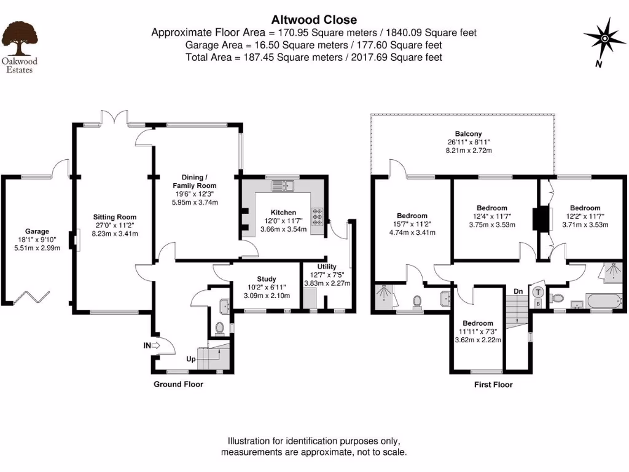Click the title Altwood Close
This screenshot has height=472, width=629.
pos(314,20)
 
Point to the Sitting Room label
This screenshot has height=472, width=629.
pos(114,217)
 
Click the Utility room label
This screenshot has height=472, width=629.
pos(327,267)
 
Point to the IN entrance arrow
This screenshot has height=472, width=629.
pos(151,346)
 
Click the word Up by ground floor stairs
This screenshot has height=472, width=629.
pos(191,358)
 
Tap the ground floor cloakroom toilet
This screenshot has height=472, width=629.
pos(220,328)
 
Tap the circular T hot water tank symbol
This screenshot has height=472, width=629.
pos(537,293)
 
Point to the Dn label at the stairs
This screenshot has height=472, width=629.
pos(518,291)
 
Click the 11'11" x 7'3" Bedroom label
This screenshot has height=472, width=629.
pos(477,323)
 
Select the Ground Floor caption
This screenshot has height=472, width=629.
pos(178,384)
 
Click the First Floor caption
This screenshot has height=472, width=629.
pos(493,385)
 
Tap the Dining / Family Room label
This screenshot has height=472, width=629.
pos(194,181)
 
